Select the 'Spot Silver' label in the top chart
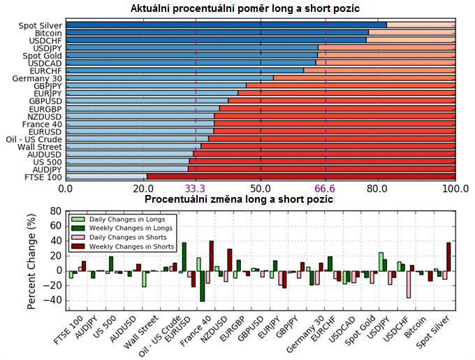(x=41, y=25)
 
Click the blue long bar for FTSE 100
(x=106, y=177)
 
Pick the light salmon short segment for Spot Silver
(x=421, y=25)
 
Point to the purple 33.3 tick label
(x=196, y=189)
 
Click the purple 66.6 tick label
(x=326, y=189)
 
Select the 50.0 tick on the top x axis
(x=261, y=189)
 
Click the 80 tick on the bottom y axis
(x=57, y=210)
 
